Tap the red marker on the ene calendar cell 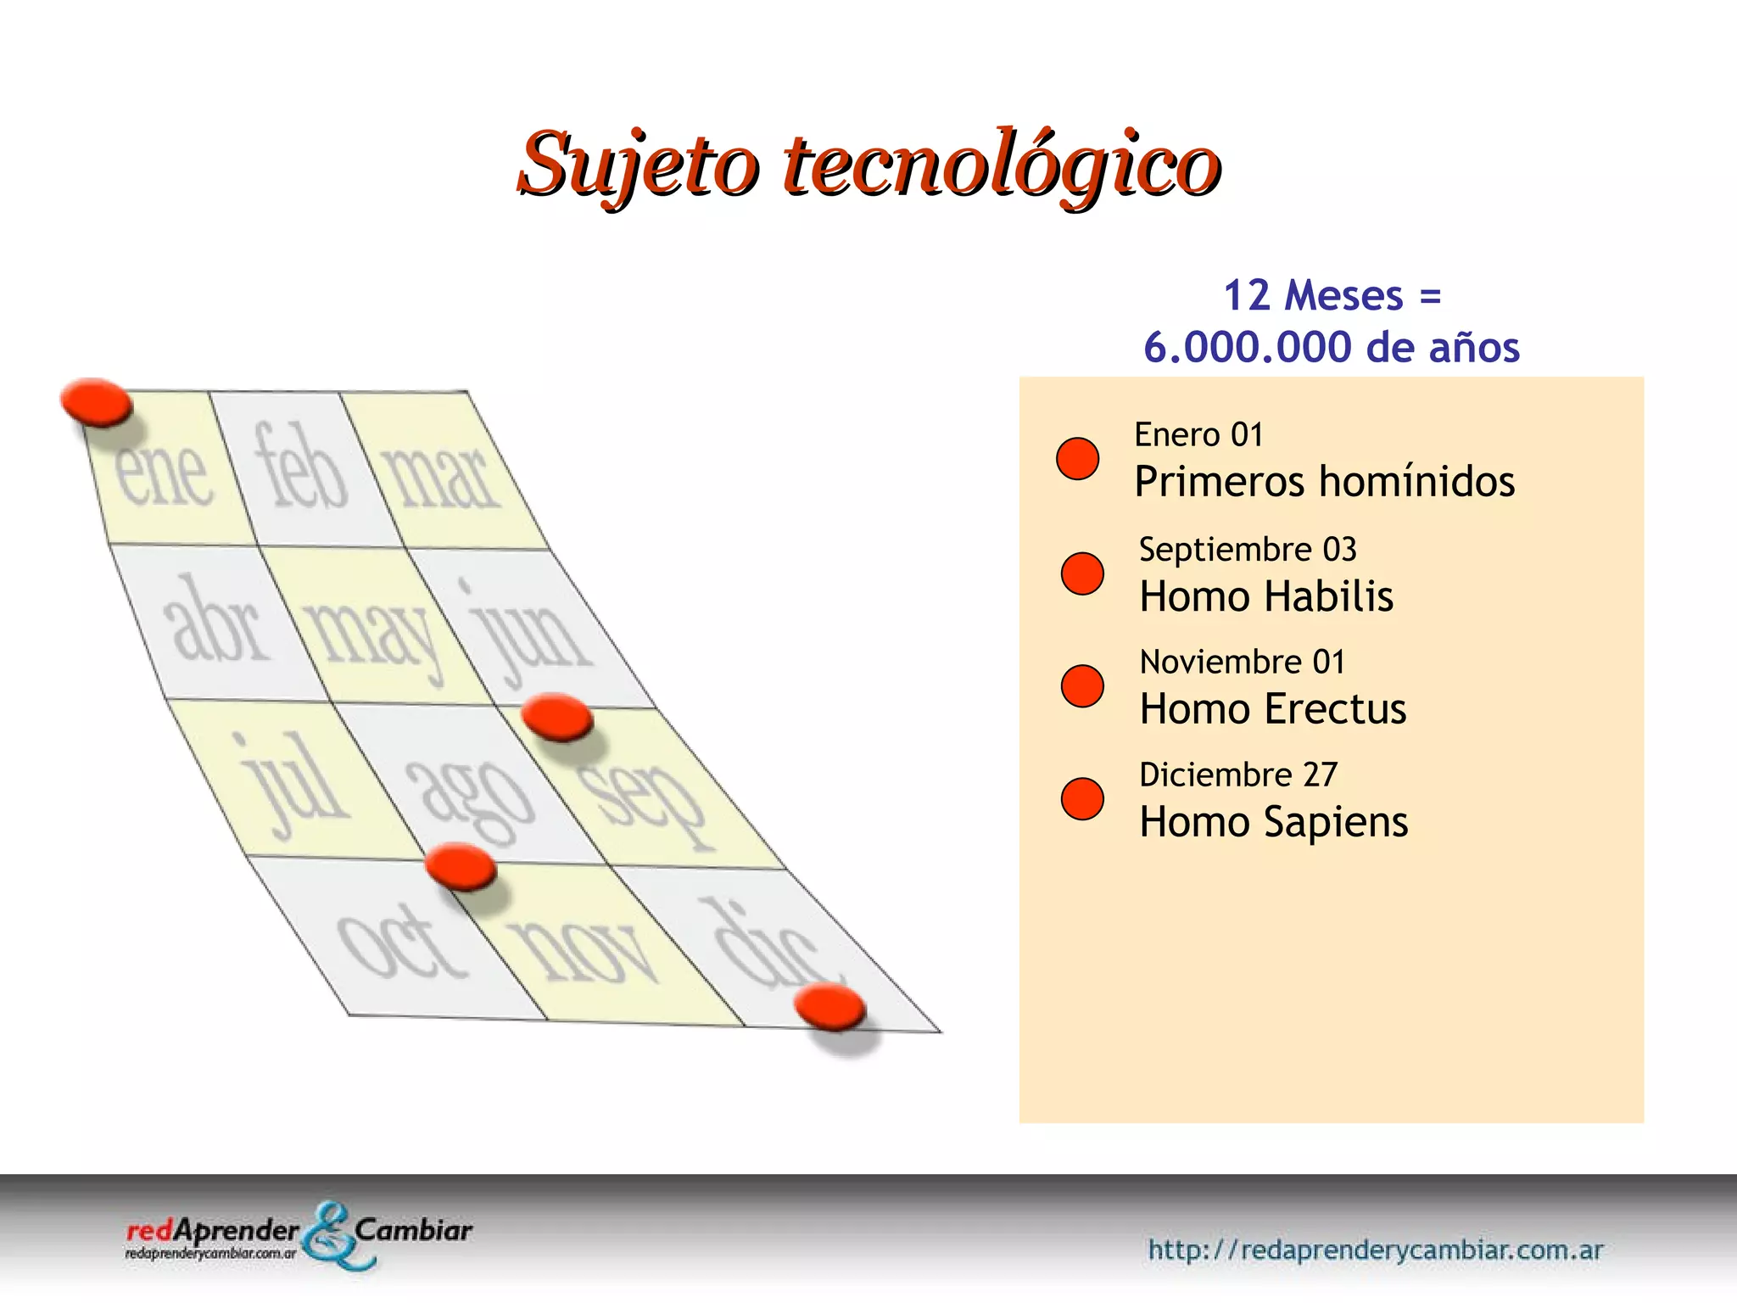(97, 401)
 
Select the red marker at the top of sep (556, 717)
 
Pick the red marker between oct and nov (460, 866)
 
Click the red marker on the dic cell (829, 1007)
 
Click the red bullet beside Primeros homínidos (1077, 459)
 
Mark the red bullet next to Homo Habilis (1082, 573)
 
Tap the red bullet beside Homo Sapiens (1082, 799)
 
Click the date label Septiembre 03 (1247, 550)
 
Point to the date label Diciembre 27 (1237, 775)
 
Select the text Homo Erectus (1272, 709)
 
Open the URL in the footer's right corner (1375, 1250)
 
